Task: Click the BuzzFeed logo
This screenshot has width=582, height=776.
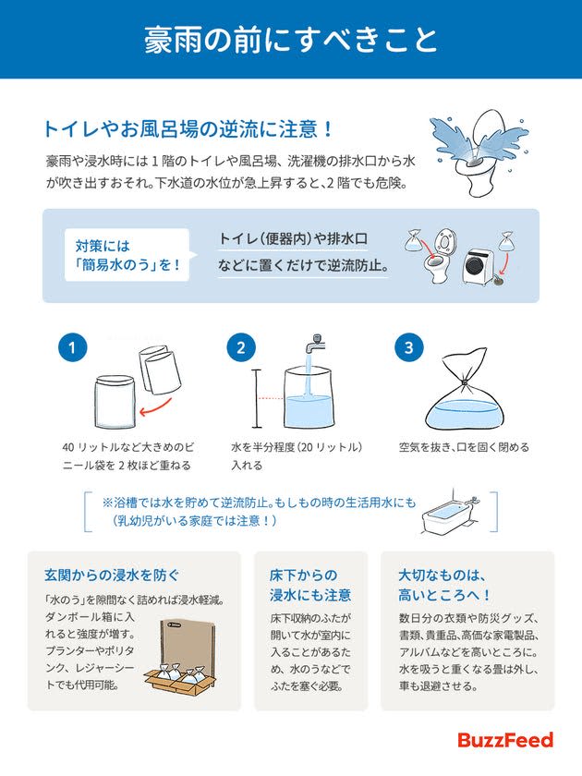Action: point(505,740)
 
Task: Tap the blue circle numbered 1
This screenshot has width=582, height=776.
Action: point(73,347)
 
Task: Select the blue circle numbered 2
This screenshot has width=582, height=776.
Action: point(241,347)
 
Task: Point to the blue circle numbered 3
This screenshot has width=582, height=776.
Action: point(408,347)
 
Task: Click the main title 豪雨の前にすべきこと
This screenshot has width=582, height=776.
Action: point(291,40)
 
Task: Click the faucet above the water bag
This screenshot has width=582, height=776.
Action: point(313,342)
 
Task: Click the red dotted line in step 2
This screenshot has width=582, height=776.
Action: point(271,398)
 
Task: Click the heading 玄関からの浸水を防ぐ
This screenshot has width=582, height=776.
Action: point(112,575)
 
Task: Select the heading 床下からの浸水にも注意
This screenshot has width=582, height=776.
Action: point(310,585)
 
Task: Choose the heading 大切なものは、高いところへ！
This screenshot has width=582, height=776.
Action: point(445,585)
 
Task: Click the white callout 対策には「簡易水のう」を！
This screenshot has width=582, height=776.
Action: point(127,255)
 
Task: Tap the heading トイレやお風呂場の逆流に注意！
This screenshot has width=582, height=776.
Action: point(188,129)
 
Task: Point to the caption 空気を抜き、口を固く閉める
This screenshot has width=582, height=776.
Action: point(464,447)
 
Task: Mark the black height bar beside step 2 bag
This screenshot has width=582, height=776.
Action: point(257,398)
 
